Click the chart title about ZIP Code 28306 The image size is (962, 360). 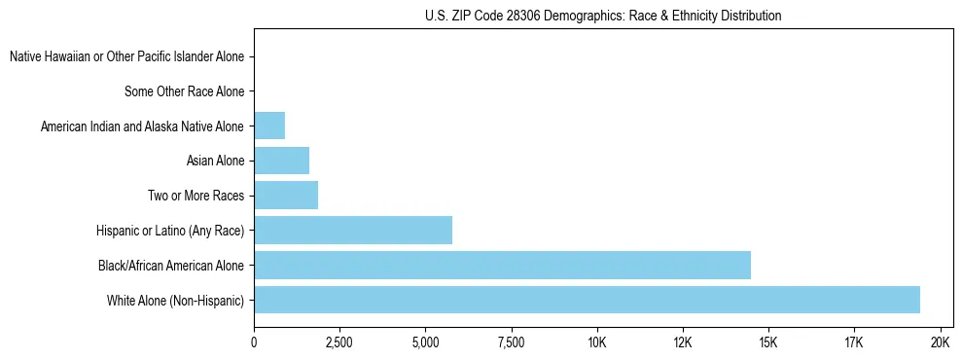pos(603,16)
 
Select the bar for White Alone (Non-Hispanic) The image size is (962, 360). pos(587,300)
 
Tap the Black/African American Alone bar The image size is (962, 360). pos(502,265)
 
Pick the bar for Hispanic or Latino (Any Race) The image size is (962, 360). pos(353,230)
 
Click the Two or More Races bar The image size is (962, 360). pos(286,196)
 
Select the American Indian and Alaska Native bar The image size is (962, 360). pos(269,126)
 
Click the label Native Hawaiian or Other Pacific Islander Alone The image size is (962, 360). pos(126,57)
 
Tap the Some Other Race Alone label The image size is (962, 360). pos(184,91)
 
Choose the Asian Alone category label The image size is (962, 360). pos(215,161)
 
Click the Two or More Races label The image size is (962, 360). pos(196,196)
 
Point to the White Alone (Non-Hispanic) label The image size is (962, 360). pos(175,300)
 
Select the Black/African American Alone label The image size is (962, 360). pos(171,265)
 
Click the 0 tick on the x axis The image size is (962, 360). pos(254,342)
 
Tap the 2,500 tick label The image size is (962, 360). pos(339,342)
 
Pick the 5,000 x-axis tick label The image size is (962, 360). pos(425,342)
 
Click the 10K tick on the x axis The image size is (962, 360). pos(596,342)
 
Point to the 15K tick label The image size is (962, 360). pos(768,342)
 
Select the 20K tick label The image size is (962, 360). pos(940,342)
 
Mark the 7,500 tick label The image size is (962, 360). pos(511,342)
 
